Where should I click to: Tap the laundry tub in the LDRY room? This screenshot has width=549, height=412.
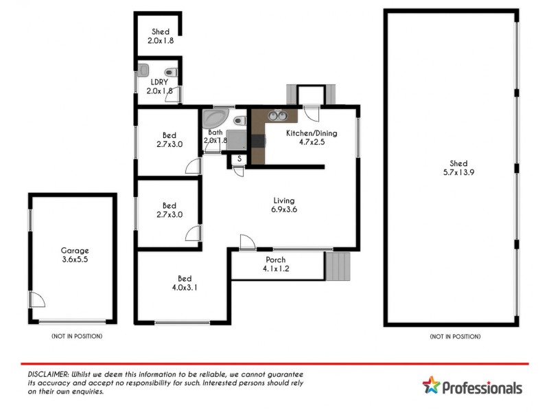click(x=143, y=69)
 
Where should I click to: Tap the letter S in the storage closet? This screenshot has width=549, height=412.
click(x=239, y=159)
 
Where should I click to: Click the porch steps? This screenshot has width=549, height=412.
click(x=338, y=266)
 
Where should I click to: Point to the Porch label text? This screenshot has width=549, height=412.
click(x=275, y=260)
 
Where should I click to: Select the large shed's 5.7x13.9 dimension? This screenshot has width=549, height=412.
click(x=458, y=172)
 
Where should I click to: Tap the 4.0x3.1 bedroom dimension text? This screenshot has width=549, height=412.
click(x=184, y=288)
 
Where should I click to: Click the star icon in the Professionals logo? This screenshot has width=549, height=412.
click(x=430, y=386)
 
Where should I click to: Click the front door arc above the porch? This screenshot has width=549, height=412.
click(x=246, y=241)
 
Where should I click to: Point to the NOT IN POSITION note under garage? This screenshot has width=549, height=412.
click(x=77, y=336)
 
